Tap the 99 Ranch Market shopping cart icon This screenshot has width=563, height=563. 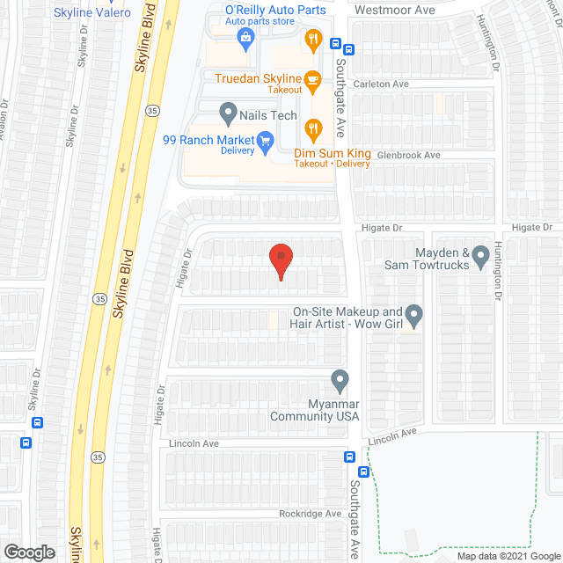point(264,141)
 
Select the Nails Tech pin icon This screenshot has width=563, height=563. point(228,113)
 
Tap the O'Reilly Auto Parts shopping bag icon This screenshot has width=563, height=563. point(246,37)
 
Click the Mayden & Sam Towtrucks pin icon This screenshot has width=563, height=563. point(480,257)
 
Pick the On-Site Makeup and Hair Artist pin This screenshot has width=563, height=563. point(414,314)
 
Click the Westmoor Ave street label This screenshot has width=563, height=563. point(395,11)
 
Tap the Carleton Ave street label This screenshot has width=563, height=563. point(382,84)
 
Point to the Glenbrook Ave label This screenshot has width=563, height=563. point(407,156)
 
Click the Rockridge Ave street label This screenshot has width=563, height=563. point(309,515)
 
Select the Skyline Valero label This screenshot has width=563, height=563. point(92,12)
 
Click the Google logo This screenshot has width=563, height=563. point(28,552)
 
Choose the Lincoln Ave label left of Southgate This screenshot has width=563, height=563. point(194,444)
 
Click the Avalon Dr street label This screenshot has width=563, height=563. point(4,113)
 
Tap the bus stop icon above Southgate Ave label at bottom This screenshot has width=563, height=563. point(349,457)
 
